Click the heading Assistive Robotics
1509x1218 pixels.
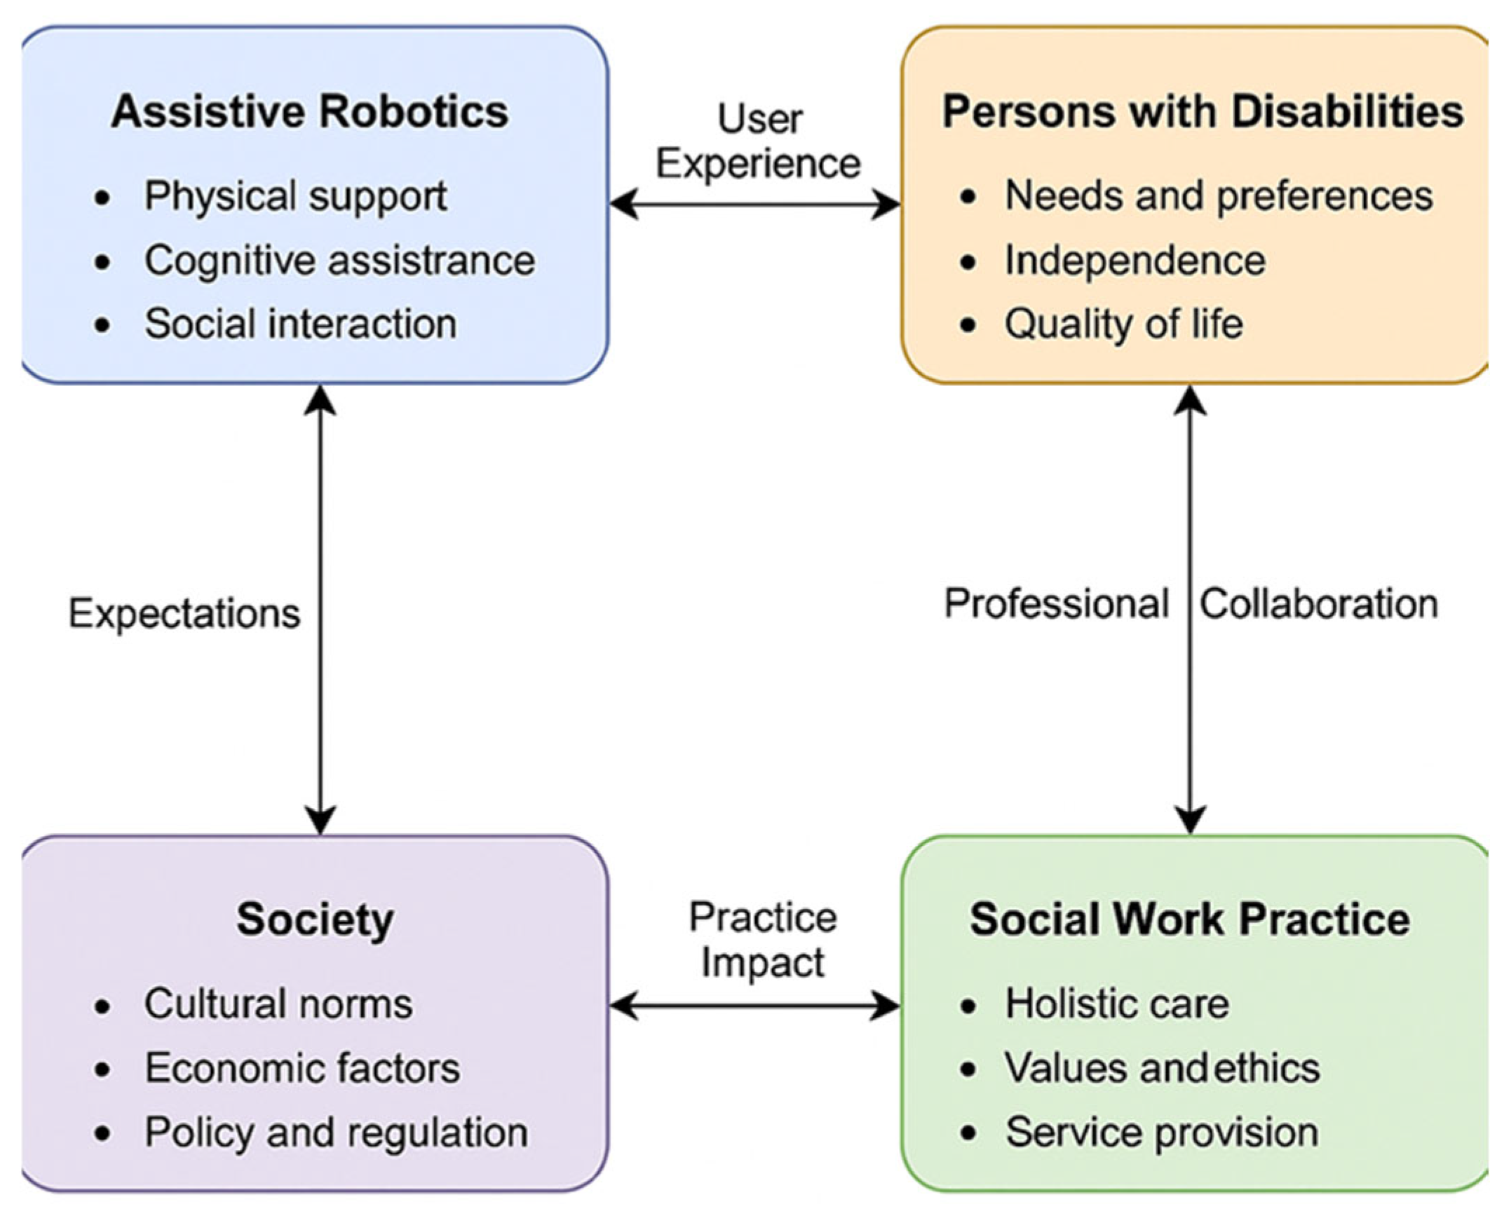point(309,111)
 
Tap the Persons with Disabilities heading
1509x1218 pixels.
point(1203,111)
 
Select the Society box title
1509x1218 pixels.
point(314,920)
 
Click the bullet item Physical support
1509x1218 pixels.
point(295,196)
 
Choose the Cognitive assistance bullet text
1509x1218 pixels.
point(339,260)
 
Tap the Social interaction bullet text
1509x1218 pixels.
point(300,324)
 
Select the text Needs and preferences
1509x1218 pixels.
point(1219,196)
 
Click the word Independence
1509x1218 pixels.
point(1135,260)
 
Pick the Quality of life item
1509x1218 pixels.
point(1123,324)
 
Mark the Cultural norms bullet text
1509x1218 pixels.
point(278,1004)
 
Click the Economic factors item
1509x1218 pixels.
point(302,1068)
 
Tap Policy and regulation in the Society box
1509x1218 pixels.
point(336,1133)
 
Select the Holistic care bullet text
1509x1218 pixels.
point(1116,1004)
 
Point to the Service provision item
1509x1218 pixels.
point(1162,1133)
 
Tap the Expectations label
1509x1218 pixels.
point(184,614)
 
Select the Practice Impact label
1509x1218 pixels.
point(763,940)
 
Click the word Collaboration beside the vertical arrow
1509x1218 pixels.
point(1319,604)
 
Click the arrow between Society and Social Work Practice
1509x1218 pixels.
point(755,1006)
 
